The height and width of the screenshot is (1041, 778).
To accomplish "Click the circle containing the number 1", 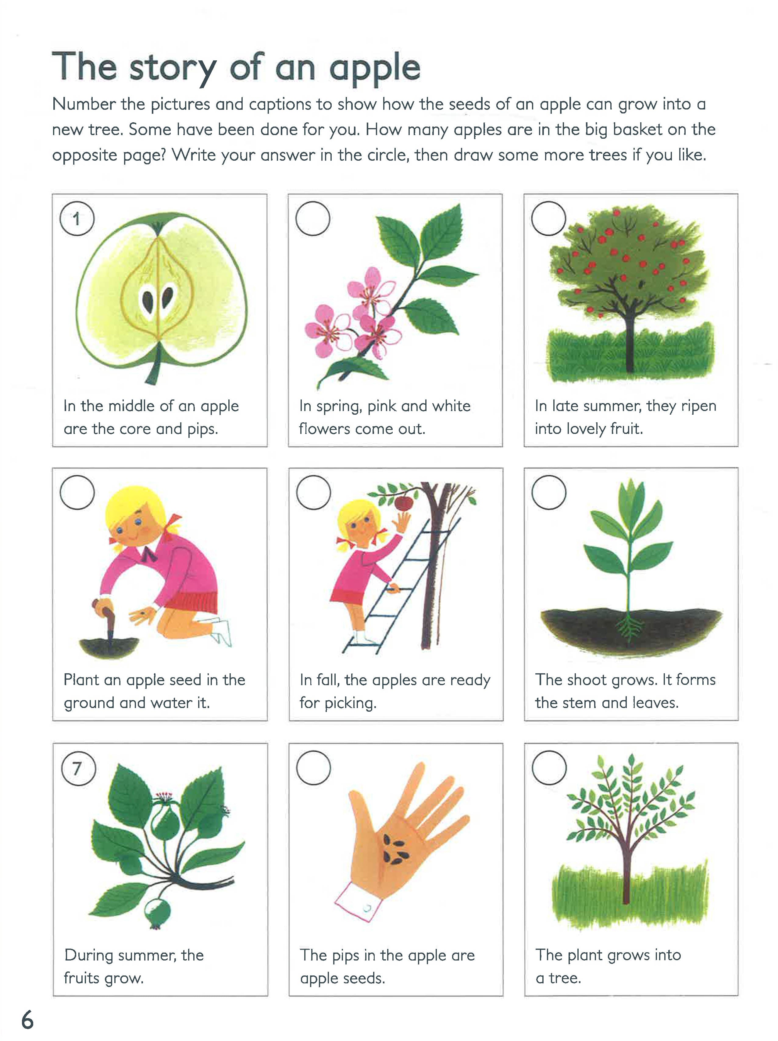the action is coord(77,218).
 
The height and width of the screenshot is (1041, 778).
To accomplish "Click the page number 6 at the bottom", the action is coord(27,1021).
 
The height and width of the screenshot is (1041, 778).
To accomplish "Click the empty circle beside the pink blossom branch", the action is coord(312,218).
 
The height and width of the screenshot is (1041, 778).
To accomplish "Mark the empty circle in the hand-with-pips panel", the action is coord(313,767).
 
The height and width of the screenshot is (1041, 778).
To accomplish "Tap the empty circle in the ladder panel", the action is coord(313,492).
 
